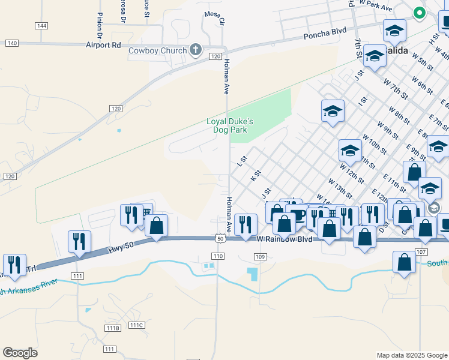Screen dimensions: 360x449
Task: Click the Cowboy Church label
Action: (158, 50)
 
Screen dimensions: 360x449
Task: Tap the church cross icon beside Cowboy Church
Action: (196, 50)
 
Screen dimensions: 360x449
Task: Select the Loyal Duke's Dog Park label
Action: (230, 125)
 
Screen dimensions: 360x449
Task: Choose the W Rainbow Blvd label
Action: (285, 239)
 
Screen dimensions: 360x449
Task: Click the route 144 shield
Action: (41, 26)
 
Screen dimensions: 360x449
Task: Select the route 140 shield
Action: (11, 43)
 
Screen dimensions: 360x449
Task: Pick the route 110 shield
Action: (217, 256)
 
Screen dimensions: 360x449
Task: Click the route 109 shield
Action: (259, 257)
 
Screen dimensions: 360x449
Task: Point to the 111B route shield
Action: (112, 328)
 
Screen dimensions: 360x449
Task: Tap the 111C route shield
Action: (136, 325)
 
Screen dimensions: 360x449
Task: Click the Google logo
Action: (20, 353)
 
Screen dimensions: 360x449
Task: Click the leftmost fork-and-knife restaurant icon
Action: (14, 265)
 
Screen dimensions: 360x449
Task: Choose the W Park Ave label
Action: (375, 5)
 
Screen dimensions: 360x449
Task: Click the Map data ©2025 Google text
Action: (411, 355)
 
